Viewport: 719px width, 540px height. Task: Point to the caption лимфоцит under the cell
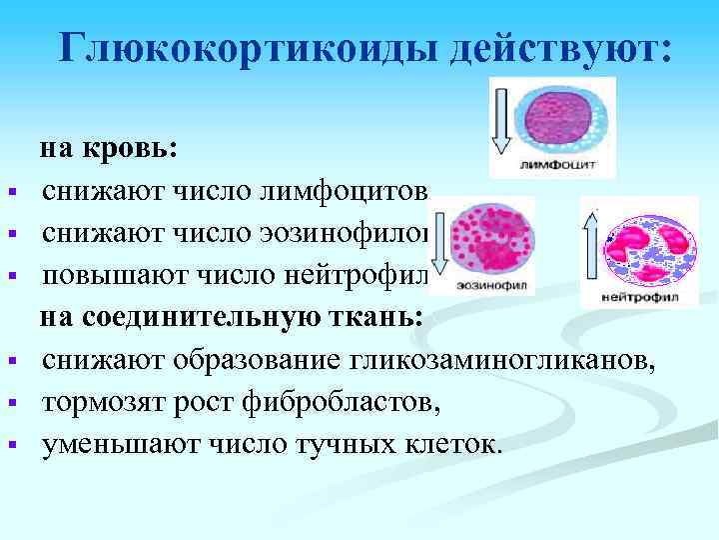[x=559, y=163]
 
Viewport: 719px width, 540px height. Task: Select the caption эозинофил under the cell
[x=493, y=285]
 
